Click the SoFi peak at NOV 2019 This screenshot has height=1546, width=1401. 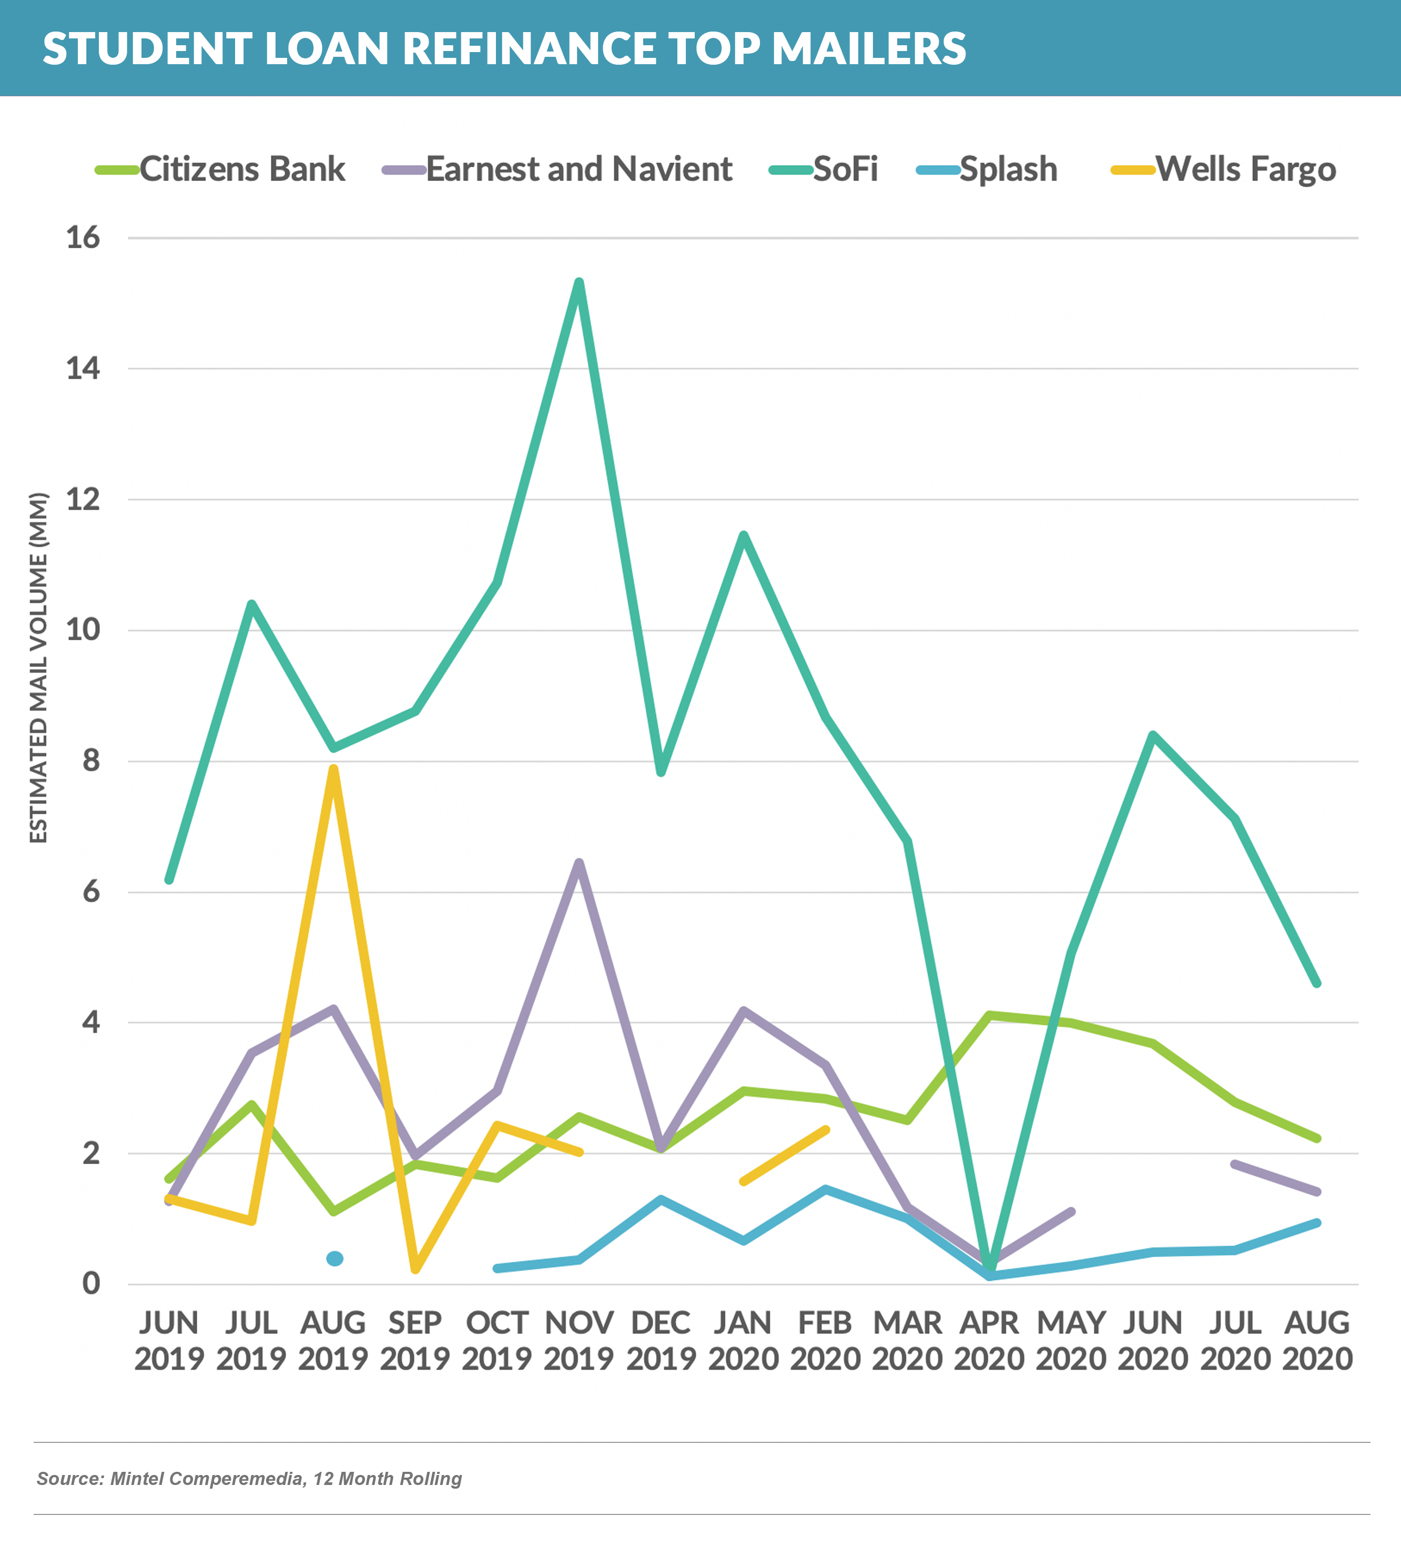[x=579, y=282]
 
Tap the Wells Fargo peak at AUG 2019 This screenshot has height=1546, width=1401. [x=333, y=769]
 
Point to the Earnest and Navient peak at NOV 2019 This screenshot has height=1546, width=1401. [x=579, y=862]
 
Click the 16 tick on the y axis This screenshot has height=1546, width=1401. [x=83, y=238]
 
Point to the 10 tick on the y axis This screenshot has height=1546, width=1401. [x=83, y=630]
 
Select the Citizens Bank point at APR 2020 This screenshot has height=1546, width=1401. [x=989, y=1015]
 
